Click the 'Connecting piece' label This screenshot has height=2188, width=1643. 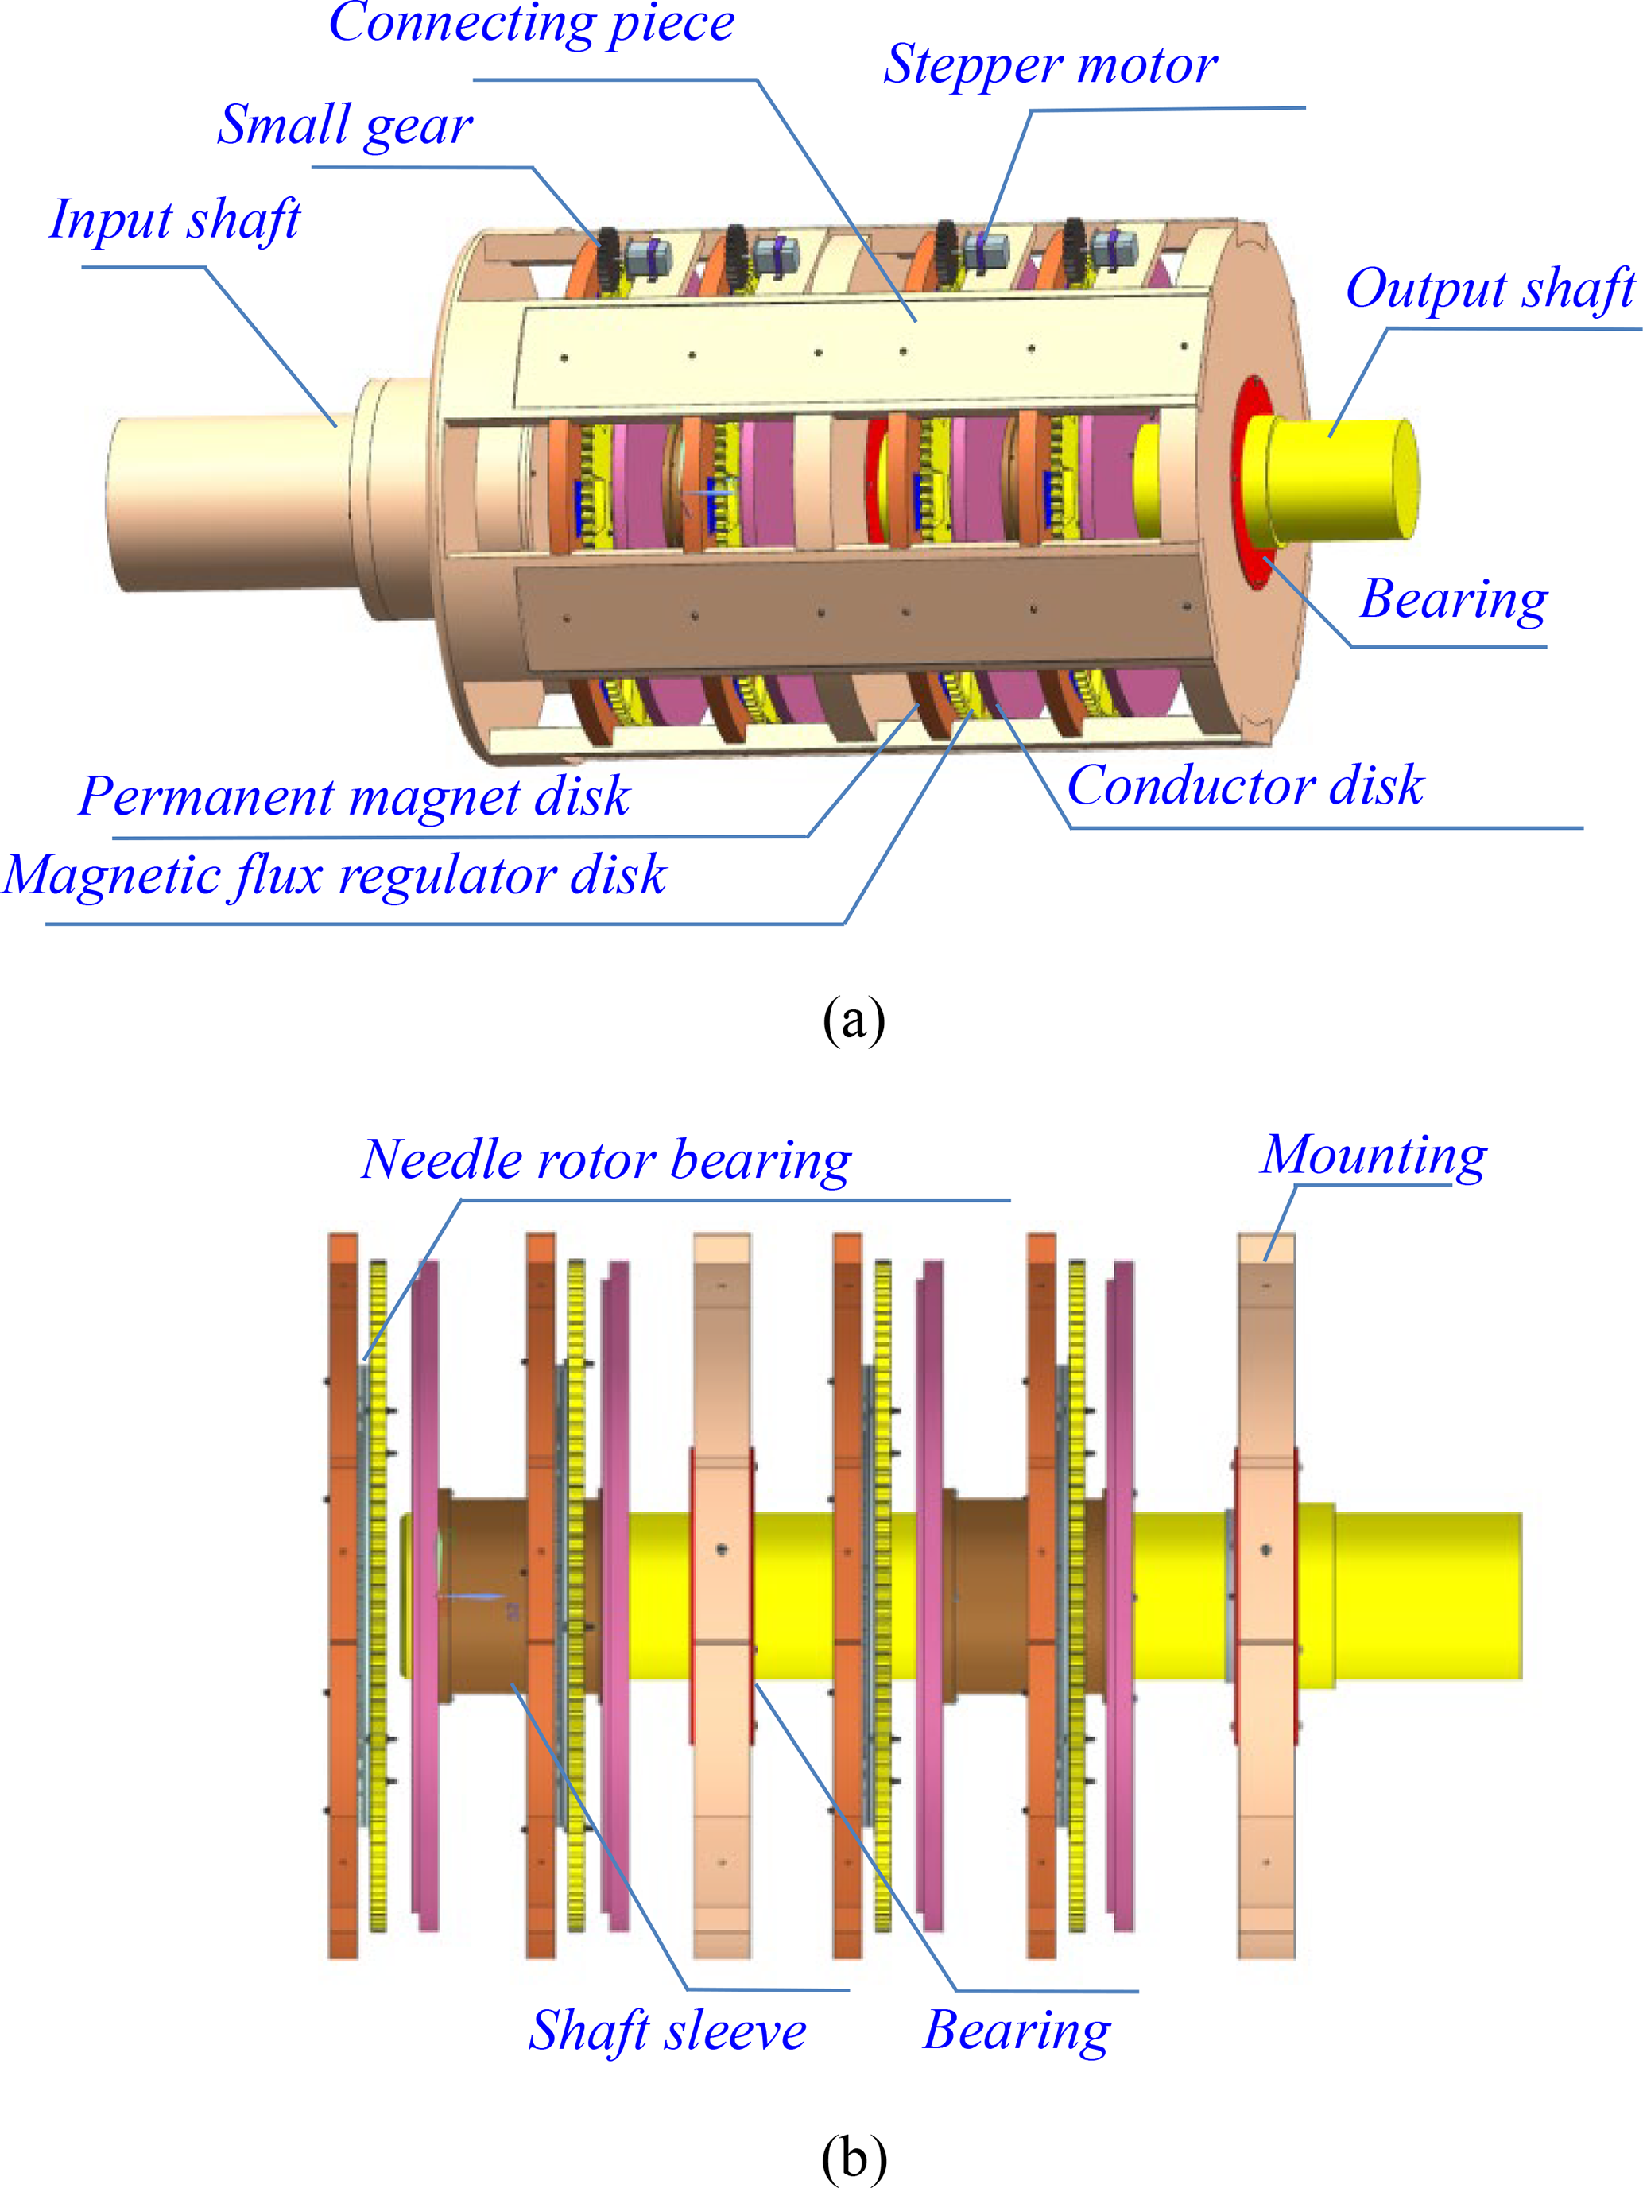tap(531, 24)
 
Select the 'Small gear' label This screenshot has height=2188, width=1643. tap(344, 126)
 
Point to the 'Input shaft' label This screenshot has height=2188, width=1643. tap(174, 219)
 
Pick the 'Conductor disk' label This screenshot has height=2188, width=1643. tap(1244, 785)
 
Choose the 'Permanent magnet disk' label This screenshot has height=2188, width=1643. tap(355, 796)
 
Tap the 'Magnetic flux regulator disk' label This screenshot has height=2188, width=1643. tap(335, 875)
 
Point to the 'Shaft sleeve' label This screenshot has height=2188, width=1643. tap(667, 2031)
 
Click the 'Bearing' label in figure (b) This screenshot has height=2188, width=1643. tap(1016, 2031)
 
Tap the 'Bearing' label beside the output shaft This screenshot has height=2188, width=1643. tap(1453, 599)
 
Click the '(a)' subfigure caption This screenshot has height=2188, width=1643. tap(853, 1020)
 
